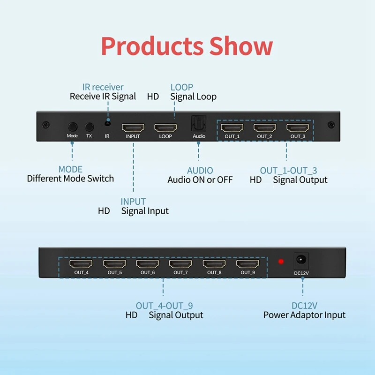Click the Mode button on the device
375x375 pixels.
click(x=72, y=127)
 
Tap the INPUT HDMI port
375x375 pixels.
click(x=133, y=127)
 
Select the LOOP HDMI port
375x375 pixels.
click(x=165, y=127)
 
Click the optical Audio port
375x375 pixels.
click(x=198, y=125)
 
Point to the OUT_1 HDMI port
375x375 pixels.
click(x=232, y=127)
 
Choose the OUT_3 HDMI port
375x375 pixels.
click(x=298, y=127)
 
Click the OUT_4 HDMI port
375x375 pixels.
click(x=81, y=264)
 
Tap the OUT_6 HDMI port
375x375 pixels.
click(x=147, y=264)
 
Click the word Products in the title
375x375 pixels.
click(x=151, y=46)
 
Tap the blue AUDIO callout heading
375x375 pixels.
click(x=200, y=171)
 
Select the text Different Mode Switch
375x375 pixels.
click(x=70, y=179)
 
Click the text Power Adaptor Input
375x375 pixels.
click(x=304, y=315)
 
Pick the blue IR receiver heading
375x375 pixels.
click(x=103, y=87)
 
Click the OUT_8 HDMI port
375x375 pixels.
click(x=214, y=264)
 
